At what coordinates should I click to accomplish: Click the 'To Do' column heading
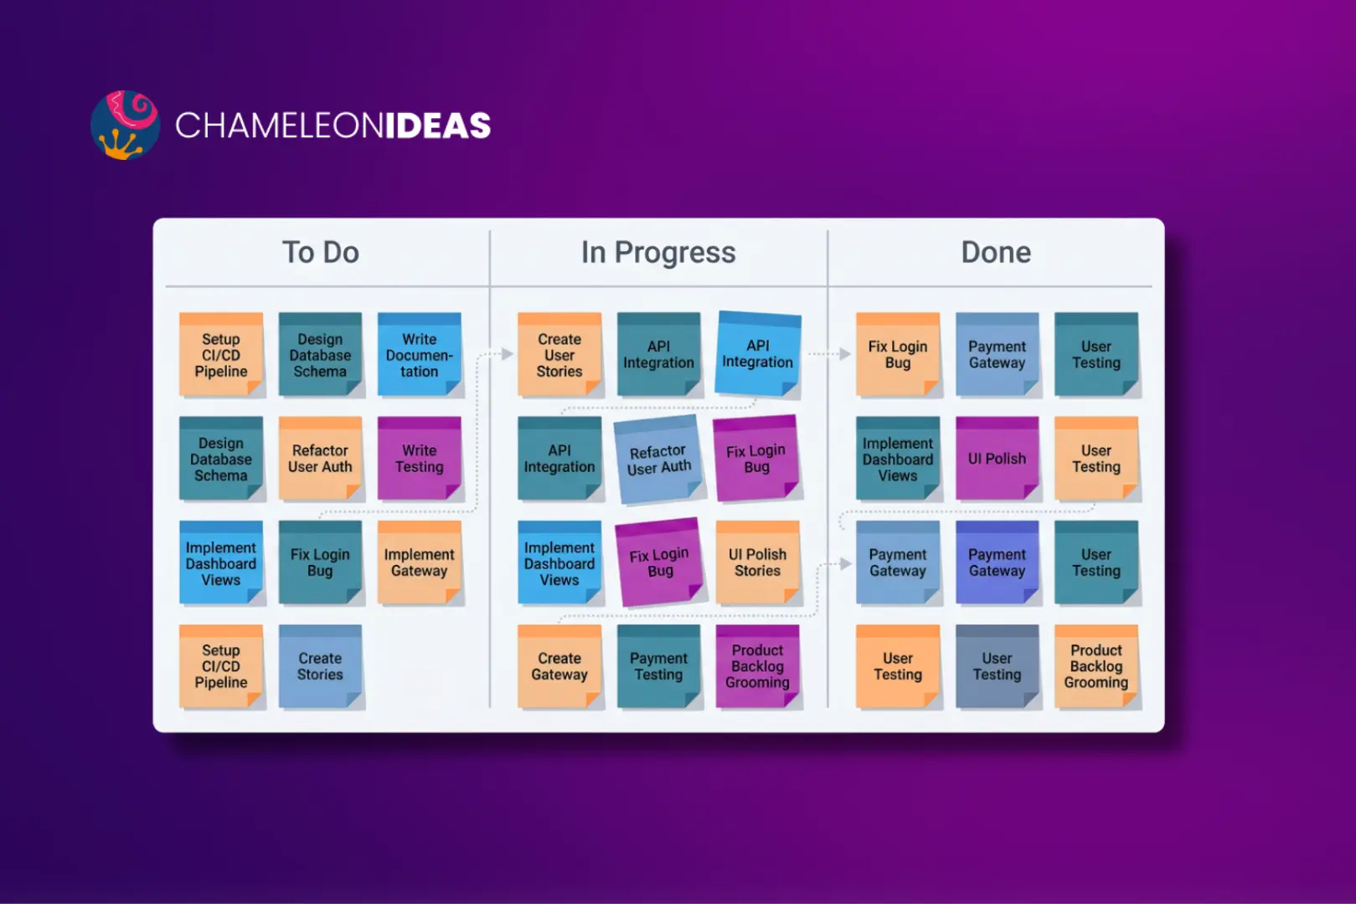click(x=320, y=252)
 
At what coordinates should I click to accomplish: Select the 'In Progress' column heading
click(x=658, y=252)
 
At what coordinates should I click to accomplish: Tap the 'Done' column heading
click(x=996, y=252)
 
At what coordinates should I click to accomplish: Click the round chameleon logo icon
click(x=126, y=125)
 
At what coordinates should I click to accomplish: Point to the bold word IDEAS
click(x=438, y=126)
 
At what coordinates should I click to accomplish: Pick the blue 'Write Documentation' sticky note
click(x=420, y=354)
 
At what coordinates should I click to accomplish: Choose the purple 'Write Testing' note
click(x=420, y=458)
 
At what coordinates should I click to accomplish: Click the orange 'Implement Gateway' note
click(x=420, y=562)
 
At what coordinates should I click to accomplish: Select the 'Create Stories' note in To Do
click(x=320, y=666)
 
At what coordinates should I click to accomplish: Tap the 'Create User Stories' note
click(x=559, y=354)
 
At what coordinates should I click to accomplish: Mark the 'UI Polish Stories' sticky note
click(x=757, y=562)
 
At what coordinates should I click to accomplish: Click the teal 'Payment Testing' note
click(x=658, y=666)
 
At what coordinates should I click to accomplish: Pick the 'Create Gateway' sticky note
click(x=559, y=666)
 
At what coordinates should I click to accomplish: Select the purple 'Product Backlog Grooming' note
click(x=757, y=666)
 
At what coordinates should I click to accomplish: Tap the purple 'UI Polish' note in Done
click(x=997, y=458)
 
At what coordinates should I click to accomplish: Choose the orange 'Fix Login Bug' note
click(x=898, y=354)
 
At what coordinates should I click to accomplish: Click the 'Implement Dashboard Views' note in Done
click(x=898, y=458)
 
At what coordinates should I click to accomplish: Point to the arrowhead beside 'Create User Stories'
click(x=508, y=353)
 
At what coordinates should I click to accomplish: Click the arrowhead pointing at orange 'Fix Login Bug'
click(x=845, y=354)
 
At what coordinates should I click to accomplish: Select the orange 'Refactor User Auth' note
click(x=320, y=458)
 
